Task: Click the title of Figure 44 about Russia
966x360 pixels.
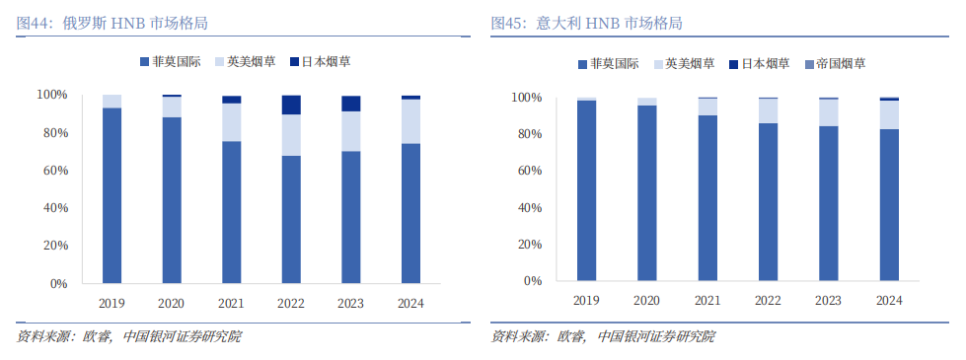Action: (111, 24)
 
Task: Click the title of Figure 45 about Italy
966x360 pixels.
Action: (586, 24)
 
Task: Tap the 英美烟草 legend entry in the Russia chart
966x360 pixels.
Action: (245, 61)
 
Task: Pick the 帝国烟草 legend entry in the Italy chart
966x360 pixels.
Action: (836, 64)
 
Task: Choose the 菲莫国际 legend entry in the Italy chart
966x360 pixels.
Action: (608, 64)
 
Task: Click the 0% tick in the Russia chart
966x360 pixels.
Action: (57, 284)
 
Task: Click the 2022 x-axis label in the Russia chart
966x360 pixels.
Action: (291, 304)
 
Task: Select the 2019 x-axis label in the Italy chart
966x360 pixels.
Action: (586, 300)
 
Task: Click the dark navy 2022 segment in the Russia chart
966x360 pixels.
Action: (291, 105)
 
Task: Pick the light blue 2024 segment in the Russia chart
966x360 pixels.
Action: (410, 121)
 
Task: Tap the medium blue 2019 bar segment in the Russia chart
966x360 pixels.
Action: (112, 195)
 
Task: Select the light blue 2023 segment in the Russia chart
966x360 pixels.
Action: (350, 131)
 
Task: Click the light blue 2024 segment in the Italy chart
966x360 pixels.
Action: (889, 115)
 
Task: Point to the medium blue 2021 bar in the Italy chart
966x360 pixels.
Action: (707, 198)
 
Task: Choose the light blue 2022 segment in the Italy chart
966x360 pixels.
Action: (768, 110)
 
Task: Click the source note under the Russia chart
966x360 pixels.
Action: (128, 337)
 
